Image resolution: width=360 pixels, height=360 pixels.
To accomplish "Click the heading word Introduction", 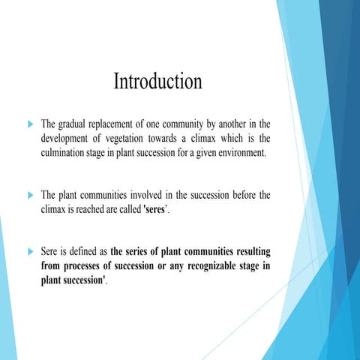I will click(x=157, y=82).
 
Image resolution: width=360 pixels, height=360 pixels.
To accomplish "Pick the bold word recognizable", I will click(x=197, y=268).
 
